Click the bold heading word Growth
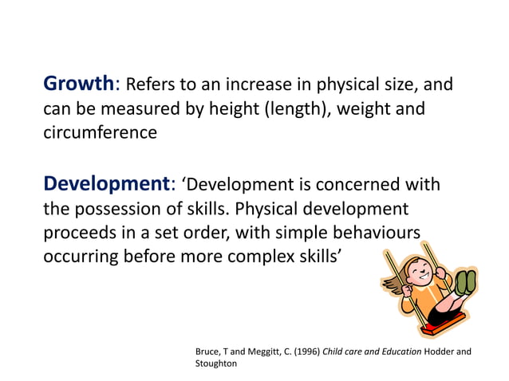[80, 84]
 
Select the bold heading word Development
[106, 184]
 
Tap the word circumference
[100, 132]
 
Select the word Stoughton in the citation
[216, 363]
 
